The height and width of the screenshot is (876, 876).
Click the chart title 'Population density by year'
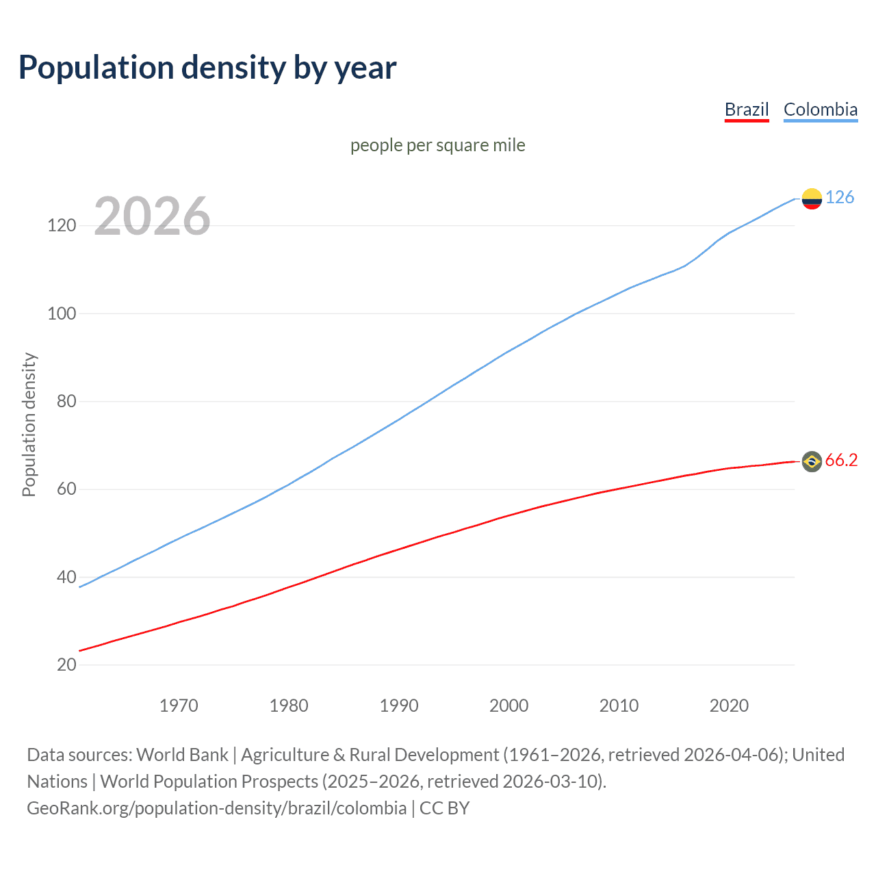[207, 68]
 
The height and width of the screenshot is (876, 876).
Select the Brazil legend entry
[747, 109]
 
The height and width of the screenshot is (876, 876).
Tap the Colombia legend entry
[820, 109]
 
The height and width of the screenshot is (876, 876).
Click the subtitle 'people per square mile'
[438, 145]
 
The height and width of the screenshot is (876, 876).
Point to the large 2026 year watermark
[152, 216]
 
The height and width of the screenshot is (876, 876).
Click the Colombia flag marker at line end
[812, 198]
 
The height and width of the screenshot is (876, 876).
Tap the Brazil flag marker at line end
[812, 462]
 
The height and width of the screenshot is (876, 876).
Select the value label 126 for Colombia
[840, 198]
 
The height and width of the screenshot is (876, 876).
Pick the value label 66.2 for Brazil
[841, 461]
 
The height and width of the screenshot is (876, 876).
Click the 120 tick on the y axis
[62, 225]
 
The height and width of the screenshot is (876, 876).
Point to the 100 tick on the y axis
[62, 313]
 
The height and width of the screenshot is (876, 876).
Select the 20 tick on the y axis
[66, 665]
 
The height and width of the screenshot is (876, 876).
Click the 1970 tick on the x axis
[179, 706]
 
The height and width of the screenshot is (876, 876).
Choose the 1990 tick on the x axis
[399, 706]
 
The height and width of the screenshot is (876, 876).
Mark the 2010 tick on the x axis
[619, 706]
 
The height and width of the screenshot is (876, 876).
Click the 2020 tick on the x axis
[729, 706]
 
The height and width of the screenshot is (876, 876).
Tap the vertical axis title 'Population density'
[29, 424]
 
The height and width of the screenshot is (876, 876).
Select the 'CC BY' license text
[444, 808]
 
